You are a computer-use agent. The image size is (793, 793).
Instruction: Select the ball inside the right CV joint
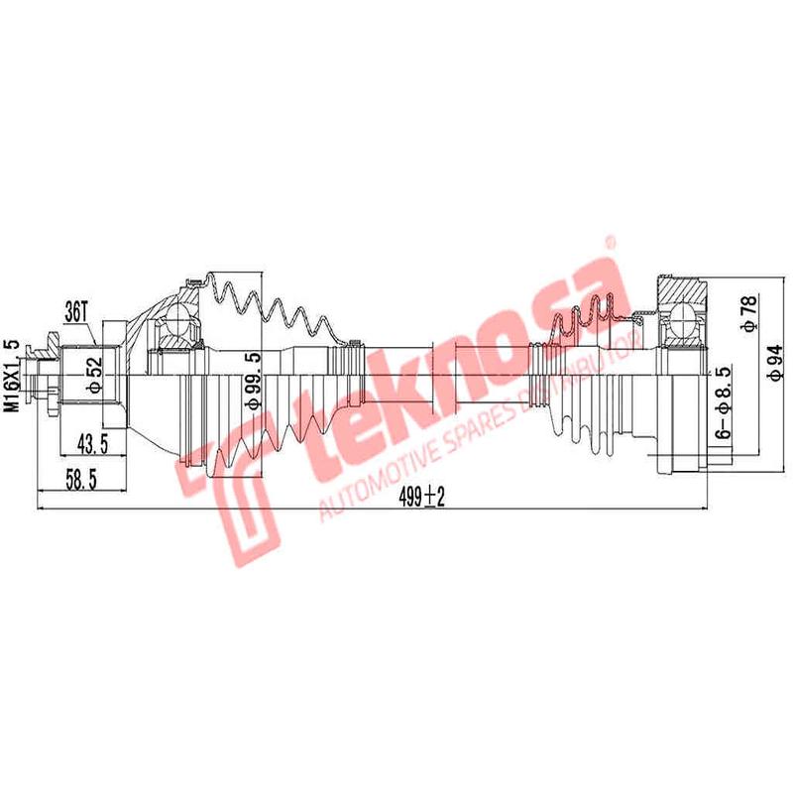(687, 319)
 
